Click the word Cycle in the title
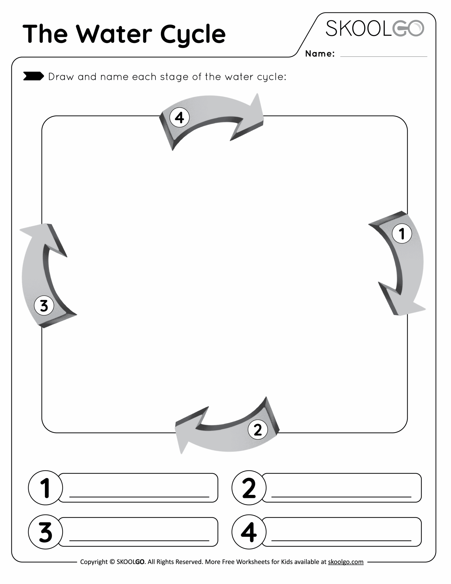[x=193, y=34]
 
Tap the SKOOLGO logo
[x=375, y=28]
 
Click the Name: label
[x=320, y=54]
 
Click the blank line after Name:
[x=383, y=56]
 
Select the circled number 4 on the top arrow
[x=180, y=117]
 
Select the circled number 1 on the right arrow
[x=402, y=233]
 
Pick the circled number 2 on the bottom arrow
[x=258, y=430]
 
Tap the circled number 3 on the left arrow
[x=44, y=306]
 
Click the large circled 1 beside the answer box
[x=45, y=488]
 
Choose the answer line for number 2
[x=341, y=496]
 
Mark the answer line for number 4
[x=341, y=540]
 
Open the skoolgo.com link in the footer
[x=345, y=562]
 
